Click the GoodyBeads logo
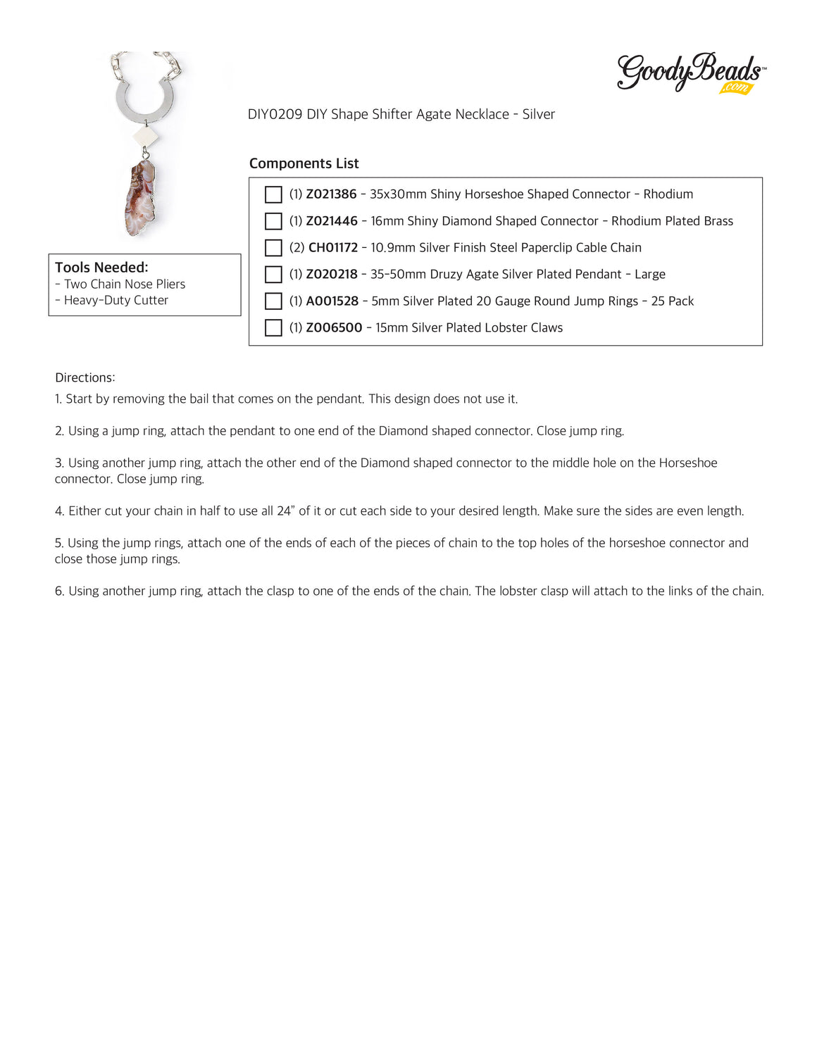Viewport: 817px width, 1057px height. pos(690,73)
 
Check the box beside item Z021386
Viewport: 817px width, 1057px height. pos(273,194)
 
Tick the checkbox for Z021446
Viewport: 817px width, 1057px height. pos(273,221)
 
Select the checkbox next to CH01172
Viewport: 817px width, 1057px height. pos(273,248)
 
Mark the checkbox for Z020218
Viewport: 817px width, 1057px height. pos(273,275)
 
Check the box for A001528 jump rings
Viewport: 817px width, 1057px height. pos(273,301)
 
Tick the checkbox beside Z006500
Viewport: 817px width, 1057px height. pos(273,328)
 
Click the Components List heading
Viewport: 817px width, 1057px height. pos(304,163)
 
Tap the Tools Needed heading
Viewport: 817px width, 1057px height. pos(101,268)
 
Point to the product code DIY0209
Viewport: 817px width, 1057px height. pos(275,114)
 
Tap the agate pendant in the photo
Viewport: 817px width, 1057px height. pos(140,199)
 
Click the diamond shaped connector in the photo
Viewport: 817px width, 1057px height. pos(146,137)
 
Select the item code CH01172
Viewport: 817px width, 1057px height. pos(333,248)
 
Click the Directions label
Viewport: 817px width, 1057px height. pos(85,377)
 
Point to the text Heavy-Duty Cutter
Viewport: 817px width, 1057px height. pos(116,301)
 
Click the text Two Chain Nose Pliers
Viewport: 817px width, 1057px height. pos(125,284)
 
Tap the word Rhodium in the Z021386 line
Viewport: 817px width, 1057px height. pos(668,194)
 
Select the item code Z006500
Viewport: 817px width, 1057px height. pos(334,328)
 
